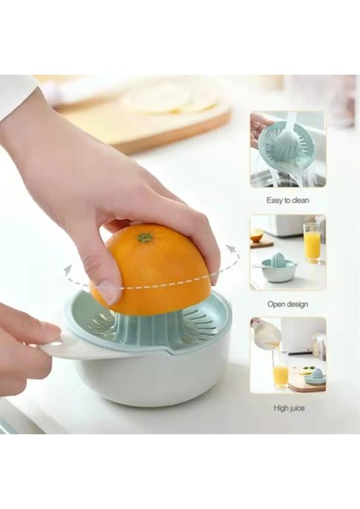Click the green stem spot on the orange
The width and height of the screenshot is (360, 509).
click(146, 237)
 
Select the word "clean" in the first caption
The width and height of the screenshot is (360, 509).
click(300, 200)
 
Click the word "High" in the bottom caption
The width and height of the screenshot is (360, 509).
click(274, 408)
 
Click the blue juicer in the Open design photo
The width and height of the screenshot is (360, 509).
click(278, 268)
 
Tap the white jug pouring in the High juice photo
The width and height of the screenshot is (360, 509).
click(266, 334)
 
